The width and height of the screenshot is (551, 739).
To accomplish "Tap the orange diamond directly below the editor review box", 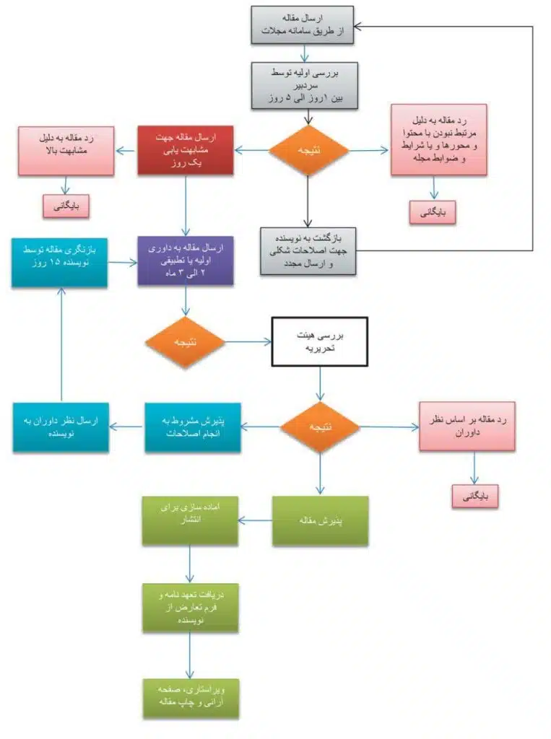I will (308, 150).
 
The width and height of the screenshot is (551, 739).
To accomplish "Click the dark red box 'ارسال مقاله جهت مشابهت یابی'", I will (186, 149).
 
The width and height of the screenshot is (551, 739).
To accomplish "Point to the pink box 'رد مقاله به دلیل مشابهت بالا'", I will (66, 150).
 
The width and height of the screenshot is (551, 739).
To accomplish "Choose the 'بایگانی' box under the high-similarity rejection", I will (66, 206).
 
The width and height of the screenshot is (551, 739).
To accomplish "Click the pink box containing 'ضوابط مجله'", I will (438, 139).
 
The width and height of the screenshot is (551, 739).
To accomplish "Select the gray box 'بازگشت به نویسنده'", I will (308, 250).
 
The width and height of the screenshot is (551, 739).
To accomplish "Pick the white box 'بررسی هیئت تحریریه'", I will (318, 342).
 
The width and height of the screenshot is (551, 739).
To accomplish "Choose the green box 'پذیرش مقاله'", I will (320, 520).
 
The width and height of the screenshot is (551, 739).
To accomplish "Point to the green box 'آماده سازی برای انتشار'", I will (189, 520).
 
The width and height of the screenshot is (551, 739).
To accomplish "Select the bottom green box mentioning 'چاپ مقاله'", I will (189, 698).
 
